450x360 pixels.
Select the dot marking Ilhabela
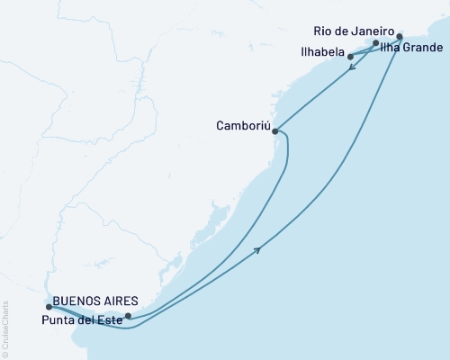click(x=350, y=57)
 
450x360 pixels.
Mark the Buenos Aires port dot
click(x=49, y=307)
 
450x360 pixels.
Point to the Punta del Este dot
click(x=128, y=316)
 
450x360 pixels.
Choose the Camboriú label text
click(x=242, y=125)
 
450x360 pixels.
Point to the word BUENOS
click(x=77, y=302)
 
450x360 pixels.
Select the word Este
click(x=107, y=317)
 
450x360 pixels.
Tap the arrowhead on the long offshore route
click(x=259, y=249)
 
